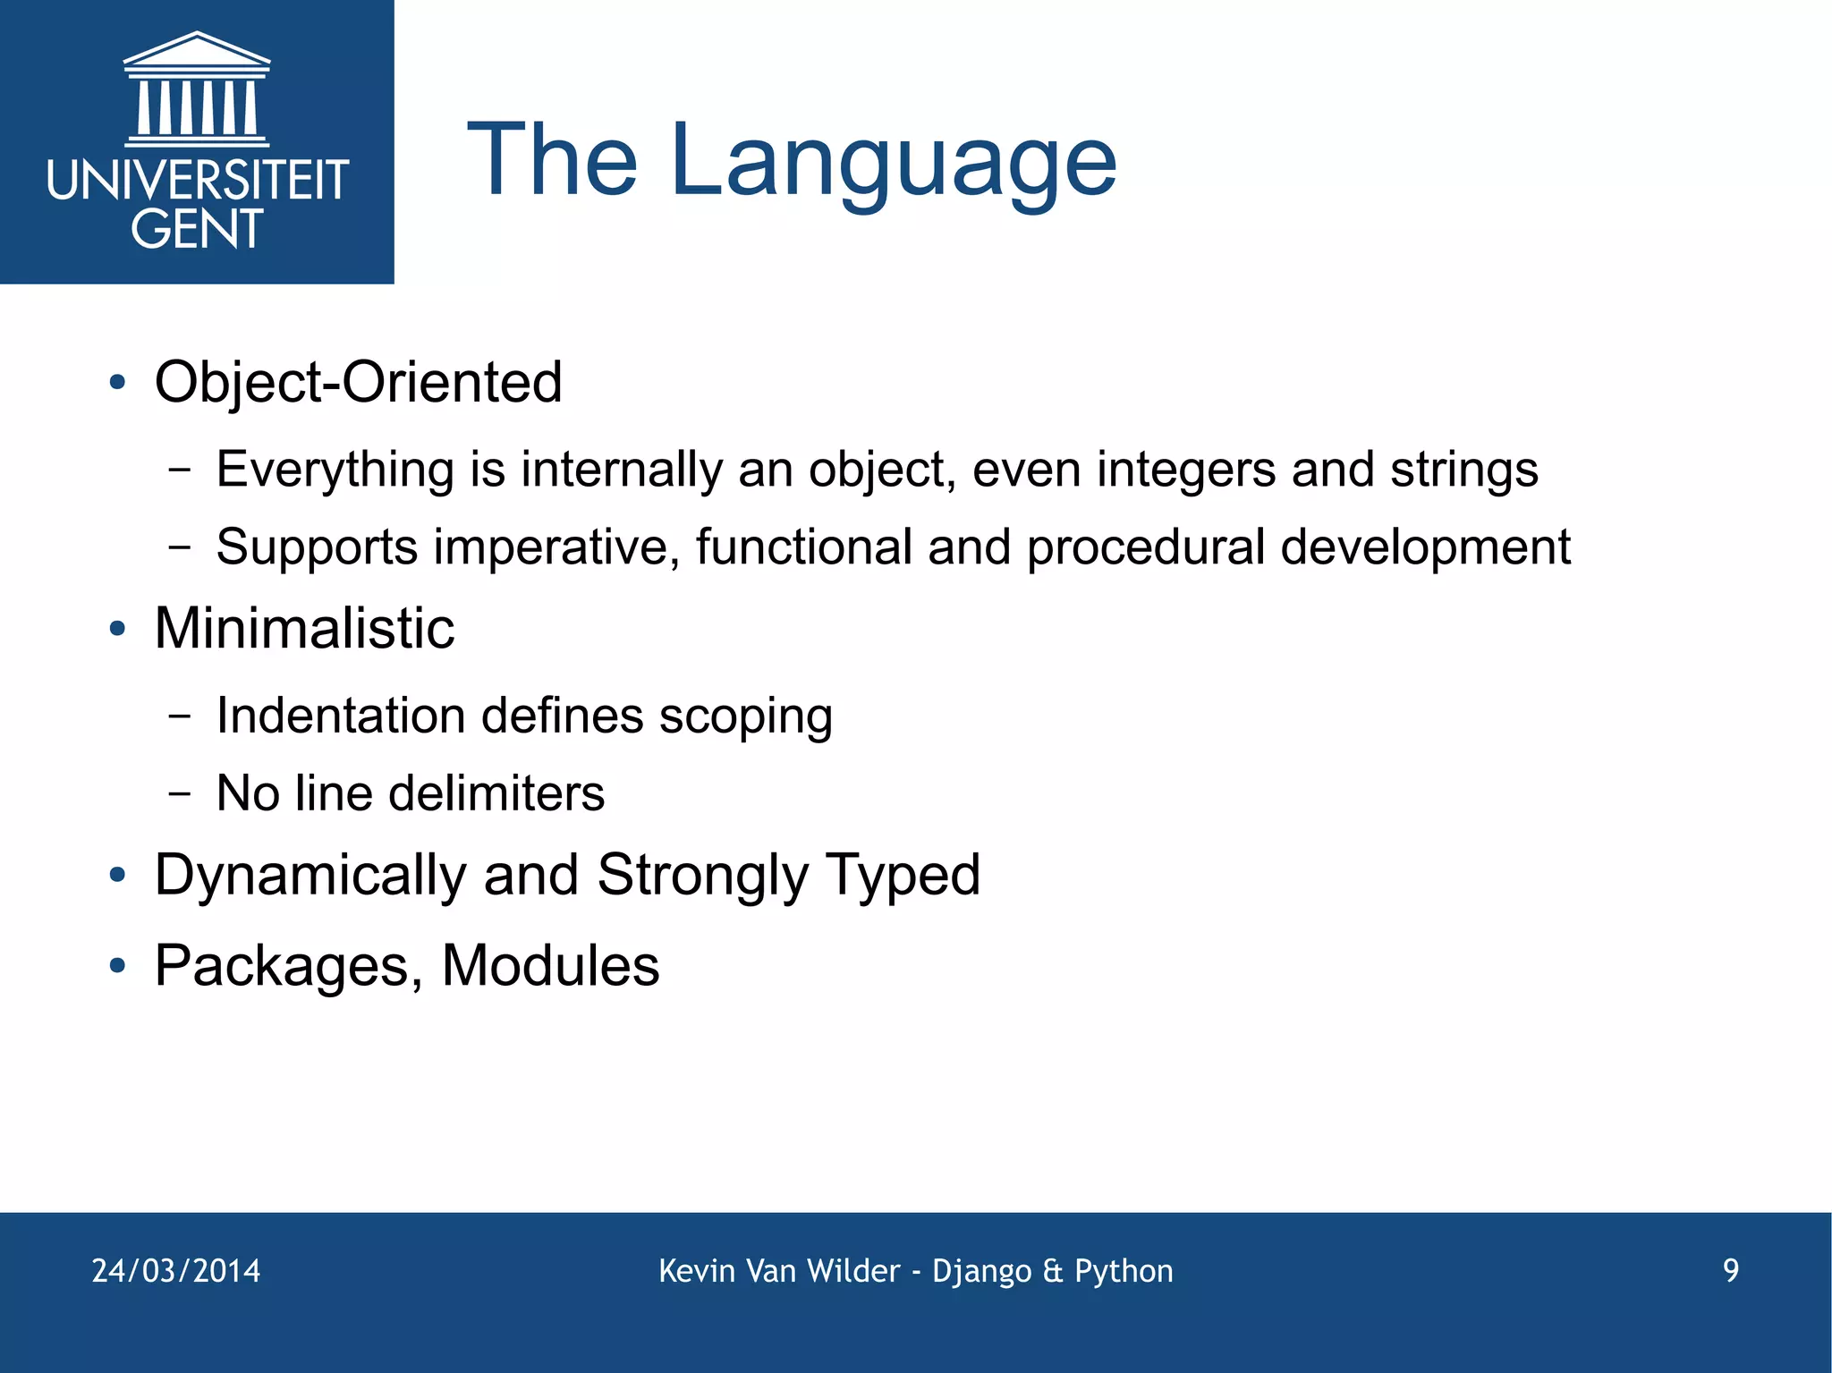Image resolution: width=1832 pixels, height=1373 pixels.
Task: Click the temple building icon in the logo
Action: tap(197, 89)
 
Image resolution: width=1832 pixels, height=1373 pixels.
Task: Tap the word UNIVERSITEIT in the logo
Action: tap(197, 181)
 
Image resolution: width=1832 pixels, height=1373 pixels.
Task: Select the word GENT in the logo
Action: tap(197, 229)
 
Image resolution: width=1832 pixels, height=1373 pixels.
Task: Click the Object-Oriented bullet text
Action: tap(358, 383)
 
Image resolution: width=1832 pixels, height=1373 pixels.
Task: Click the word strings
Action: tap(1463, 470)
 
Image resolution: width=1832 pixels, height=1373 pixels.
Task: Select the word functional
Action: tap(803, 547)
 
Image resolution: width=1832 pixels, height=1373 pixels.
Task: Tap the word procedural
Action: tap(1145, 547)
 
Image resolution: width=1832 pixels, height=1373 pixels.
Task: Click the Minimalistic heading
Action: tap(304, 628)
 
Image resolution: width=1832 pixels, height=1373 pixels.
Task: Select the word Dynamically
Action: tap(310, 876)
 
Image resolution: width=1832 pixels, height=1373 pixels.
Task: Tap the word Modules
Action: tap(550, 966)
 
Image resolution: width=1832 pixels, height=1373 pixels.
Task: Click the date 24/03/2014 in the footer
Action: tap(176, 1271)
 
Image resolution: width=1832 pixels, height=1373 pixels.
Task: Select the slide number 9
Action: tap(1731, 1271)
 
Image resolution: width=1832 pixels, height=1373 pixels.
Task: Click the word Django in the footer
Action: tap(981, 1271)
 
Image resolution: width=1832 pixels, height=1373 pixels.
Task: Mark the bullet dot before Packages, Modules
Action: tap(117, 967)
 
